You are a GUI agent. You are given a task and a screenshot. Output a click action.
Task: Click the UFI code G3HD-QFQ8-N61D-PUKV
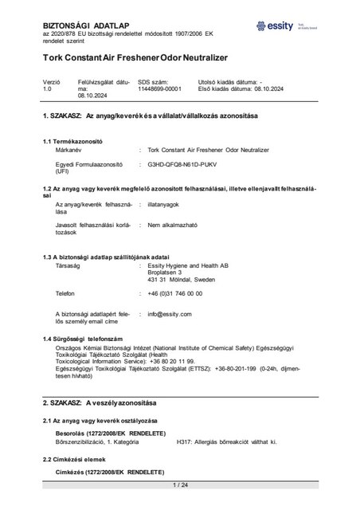click(x=183, y=165)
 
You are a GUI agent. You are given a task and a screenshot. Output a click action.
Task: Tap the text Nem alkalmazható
click(x=172, y=226)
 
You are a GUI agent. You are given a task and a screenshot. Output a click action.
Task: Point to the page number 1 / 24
click(x=179, y=485)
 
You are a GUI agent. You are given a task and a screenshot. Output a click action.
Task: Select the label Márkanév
click(x=68, y=150)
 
